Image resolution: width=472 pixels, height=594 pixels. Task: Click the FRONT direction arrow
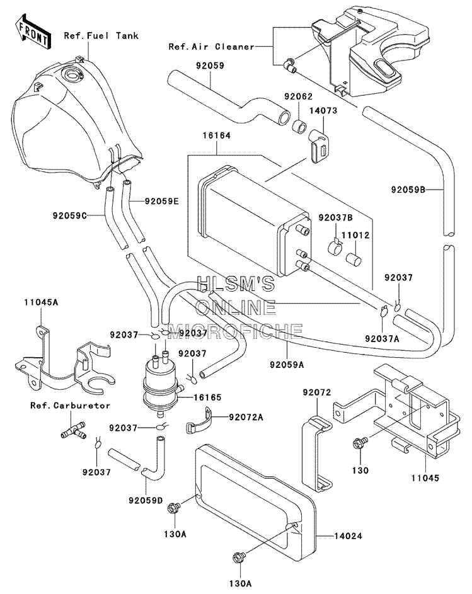(x=33, y=32)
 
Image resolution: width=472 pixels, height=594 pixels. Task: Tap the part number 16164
(x=217, y=135)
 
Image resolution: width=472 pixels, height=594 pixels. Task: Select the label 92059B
(x=408, y=190)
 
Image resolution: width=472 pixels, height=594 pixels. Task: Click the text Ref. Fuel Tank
(x=101, y=36)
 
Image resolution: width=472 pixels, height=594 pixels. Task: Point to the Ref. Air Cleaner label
(x=211, y=47)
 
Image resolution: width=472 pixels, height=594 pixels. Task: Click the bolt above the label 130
(x=359, y=442)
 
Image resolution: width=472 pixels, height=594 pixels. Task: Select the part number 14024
(x=348, y=535)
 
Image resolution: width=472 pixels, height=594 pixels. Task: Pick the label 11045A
(x=41, y=302)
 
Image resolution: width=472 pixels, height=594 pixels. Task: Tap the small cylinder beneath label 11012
(x=354, y=259)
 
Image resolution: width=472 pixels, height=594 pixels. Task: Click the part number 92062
(x=298, y=96)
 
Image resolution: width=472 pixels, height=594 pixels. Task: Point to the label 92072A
(x=246, y=417)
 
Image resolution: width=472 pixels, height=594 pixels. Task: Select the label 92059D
(x=146, y=500)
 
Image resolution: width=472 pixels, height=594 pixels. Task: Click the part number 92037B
(x=335, y=217)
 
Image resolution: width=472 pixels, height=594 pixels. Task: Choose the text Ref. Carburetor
(x=70, y=406)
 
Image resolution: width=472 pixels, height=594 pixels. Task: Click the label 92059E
(x=161, y=201)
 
